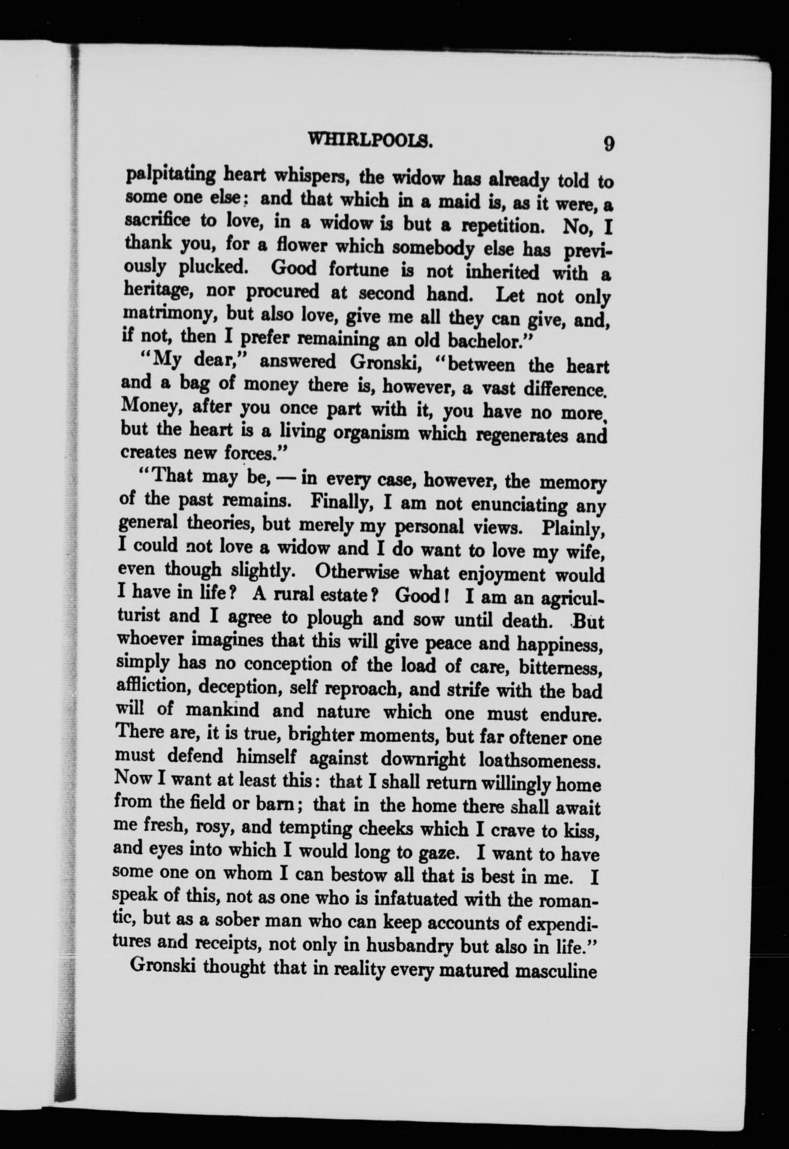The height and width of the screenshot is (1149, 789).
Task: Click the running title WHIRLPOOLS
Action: click(x=370, y=142)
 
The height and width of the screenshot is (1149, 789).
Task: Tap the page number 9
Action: click(x=608, y=144)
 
